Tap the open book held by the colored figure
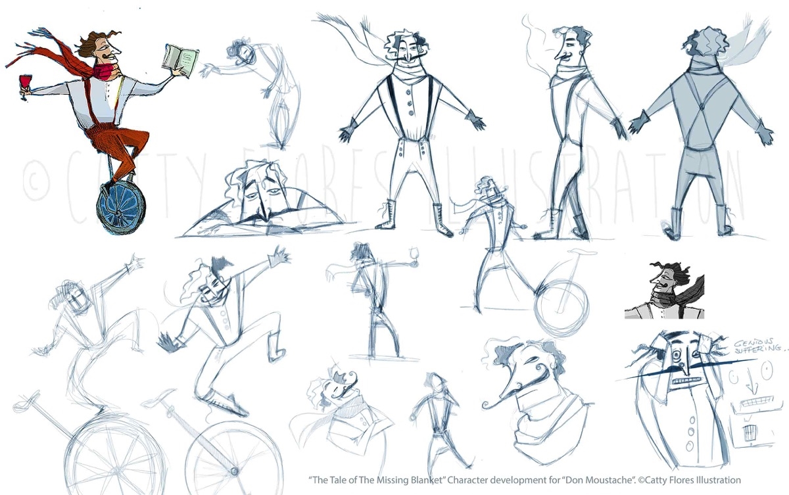(180, 61)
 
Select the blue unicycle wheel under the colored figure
(121, 208)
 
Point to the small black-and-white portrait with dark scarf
(664, 291)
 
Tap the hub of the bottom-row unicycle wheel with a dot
(234, 471)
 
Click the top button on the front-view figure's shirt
(408, 92)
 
